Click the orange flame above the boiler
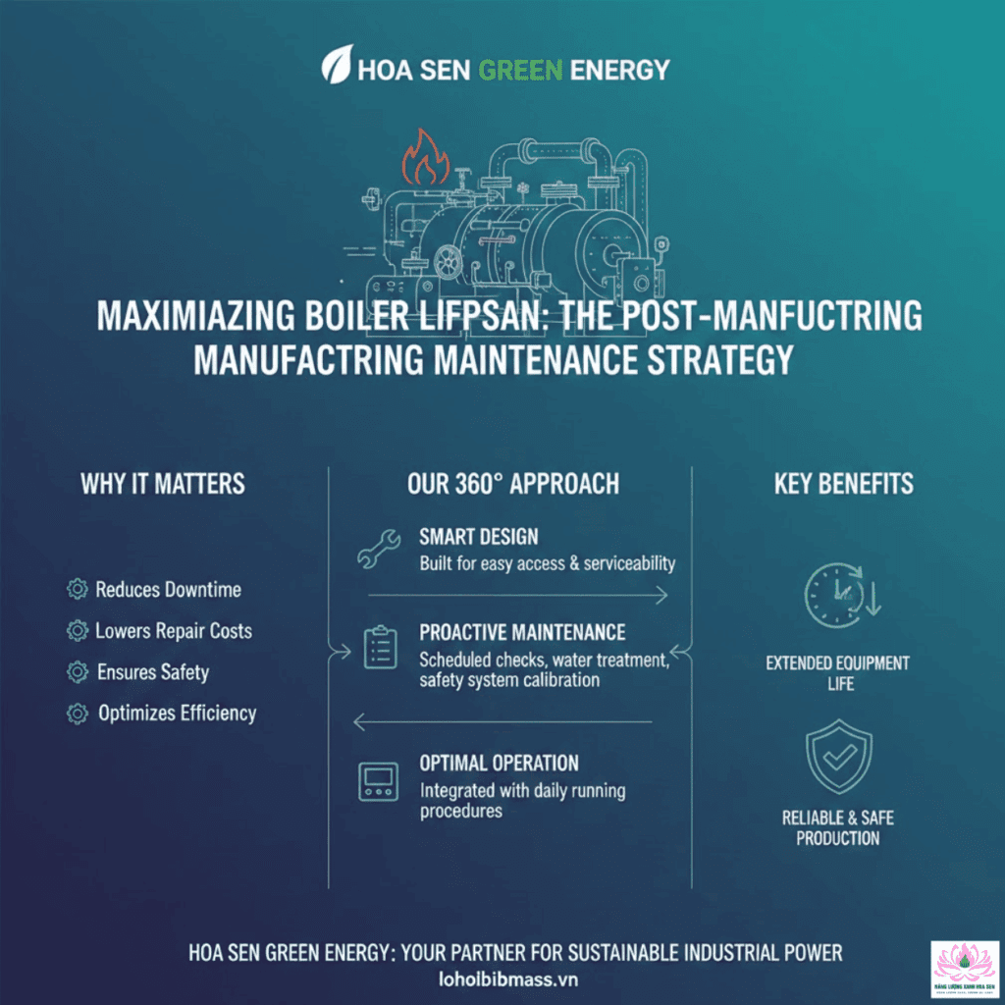426,157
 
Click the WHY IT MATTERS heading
163,483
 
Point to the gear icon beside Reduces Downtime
76,589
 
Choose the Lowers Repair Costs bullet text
174,630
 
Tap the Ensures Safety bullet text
153,672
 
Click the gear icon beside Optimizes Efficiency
76,714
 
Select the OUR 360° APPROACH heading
512,483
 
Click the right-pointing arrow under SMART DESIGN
517,595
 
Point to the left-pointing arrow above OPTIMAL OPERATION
502,723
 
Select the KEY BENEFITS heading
843,483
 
